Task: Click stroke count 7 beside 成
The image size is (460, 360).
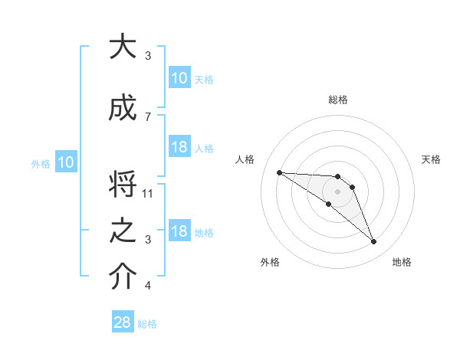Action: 147,116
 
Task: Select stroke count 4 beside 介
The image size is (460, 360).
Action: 147,286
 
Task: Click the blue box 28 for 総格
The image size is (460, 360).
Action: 123,322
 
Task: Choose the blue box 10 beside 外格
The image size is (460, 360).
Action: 66,162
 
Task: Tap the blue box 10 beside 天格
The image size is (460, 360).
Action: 179,78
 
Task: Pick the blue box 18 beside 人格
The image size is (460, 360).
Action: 179,147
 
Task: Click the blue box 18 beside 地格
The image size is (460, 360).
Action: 179,232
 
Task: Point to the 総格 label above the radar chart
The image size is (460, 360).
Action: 337,100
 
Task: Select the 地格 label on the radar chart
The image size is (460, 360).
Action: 402,262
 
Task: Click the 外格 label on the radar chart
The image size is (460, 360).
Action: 270,262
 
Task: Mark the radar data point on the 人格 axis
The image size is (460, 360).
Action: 279,172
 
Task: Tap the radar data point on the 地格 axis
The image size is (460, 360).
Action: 374,242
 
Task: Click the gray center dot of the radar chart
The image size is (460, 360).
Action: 337,191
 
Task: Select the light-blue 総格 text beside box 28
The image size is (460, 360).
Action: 147,324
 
